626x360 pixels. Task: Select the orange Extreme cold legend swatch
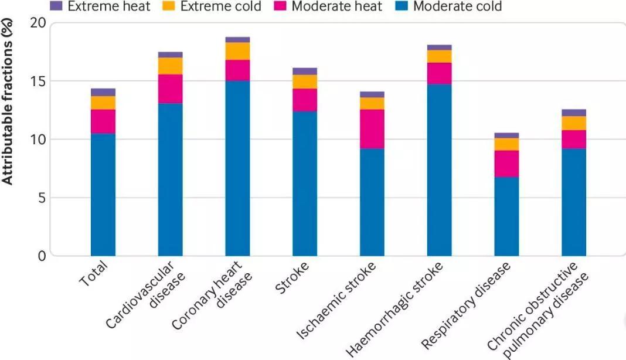coord(169,7)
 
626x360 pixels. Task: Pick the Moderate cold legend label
coord(457,7)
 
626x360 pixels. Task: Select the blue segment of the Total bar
coord(103,194)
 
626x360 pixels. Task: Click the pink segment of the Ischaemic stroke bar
coord(372,128)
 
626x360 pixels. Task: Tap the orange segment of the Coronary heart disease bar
coord(237,51)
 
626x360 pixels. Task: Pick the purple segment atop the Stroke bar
coord(305,71)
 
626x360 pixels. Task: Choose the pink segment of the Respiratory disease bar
coord(506,164)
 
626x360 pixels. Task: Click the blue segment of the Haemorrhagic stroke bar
coord(439,170)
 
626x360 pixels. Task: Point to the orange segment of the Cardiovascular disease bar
coord(170,66)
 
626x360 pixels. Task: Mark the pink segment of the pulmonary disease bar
coord(574,139)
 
